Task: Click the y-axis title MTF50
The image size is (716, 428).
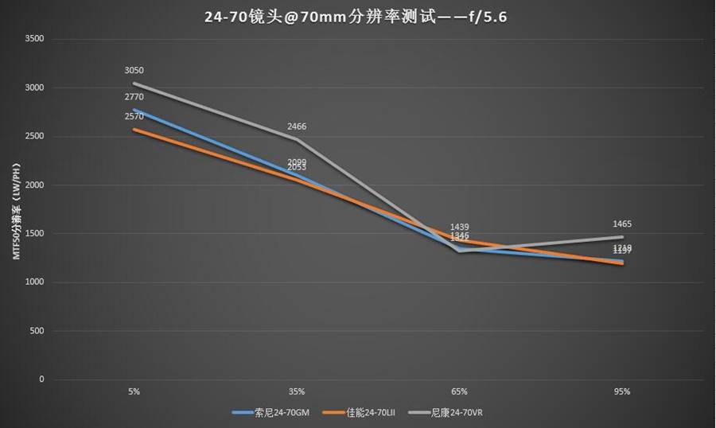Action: [15, 210]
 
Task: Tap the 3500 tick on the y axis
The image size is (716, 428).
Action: [35, 39]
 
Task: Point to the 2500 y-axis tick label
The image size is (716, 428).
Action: [35, 136]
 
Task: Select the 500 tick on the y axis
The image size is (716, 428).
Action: [37, 330]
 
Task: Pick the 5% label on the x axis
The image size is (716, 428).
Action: [134, 391]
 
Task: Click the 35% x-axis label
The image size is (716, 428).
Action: [297, 391]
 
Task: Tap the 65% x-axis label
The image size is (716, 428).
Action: [459, 391]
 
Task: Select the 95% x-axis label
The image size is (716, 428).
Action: [622, 391]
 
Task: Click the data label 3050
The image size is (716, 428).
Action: [134, 71]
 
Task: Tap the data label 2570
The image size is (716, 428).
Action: [134, 116]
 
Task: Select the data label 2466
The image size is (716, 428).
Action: [297, 126]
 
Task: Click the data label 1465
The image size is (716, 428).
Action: [622, 224]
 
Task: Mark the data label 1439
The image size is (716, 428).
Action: [459, 227]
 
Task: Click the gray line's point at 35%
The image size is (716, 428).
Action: [297, 139]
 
